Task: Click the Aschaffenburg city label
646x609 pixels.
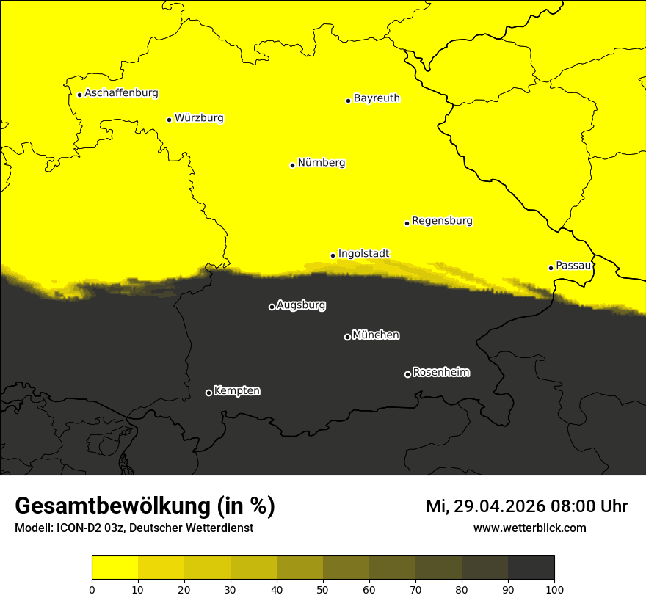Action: click(121, 93)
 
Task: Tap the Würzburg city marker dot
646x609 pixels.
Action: click(169, 120)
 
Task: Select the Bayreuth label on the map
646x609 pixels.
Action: click(377, 98)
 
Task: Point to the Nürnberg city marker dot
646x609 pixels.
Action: click(292, 165)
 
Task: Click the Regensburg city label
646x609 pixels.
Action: click(442, 220)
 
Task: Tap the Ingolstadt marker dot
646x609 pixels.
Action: click(333, 255)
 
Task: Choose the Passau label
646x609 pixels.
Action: click(573, 265)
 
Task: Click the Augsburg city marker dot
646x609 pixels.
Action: click(272, 307)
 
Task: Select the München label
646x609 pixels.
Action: click(376, 335)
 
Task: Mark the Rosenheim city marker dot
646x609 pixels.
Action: click(407, 374)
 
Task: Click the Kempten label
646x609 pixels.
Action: click(236, 390)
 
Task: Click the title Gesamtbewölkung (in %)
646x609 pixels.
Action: click(145, 506)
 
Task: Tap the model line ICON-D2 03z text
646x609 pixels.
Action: click(134, 528)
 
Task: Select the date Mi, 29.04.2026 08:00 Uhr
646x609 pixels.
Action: click(526, 506)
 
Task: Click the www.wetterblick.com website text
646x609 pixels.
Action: click(529, 528)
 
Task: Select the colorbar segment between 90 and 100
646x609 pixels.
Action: click(531, 567)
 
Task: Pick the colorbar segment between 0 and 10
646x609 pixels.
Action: click(115, 567)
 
